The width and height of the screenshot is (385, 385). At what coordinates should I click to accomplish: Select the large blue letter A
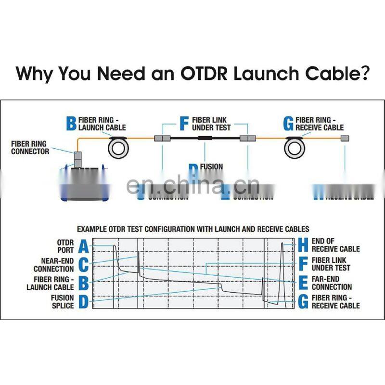click(x=83, y=247)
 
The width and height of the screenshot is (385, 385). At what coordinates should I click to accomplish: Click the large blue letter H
click(x=303, y=245)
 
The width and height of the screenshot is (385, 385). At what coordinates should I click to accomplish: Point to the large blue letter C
click(x=83, y=265)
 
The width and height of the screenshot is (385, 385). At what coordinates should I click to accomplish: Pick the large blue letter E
click(x=303, y=283)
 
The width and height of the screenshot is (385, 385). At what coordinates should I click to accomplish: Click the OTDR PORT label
click(x=65, y=246)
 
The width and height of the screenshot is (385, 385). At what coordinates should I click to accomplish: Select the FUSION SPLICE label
click(x=63, y=302)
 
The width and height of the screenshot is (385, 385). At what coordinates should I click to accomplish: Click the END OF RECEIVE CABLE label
click(x=335, y=245)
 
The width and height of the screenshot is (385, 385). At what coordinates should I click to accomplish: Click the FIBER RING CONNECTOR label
click(x=30, y=148)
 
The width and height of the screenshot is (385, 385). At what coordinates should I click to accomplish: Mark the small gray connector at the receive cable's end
click(x=345, y=138)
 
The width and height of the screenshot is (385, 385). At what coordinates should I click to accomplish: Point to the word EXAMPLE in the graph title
click(x=94, y=229)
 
